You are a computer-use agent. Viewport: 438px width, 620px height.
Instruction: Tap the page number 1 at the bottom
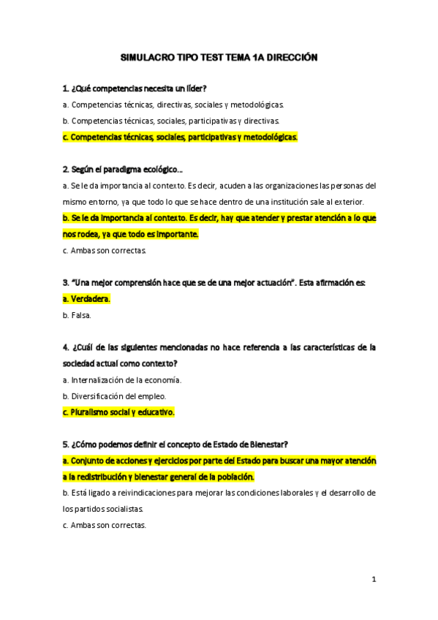373,580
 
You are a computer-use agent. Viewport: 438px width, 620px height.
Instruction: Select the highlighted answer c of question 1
181,137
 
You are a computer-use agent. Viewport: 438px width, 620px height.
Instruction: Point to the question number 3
66,282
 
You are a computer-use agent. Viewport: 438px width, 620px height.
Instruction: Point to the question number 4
66,347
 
